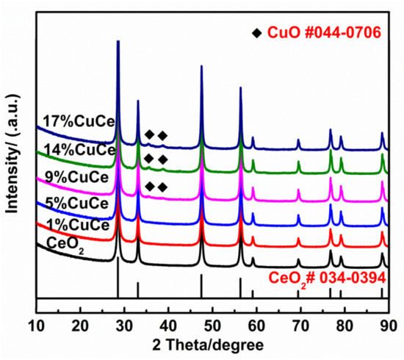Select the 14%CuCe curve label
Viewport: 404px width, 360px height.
click(76, 151)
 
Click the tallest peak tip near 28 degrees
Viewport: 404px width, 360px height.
click(118, 42)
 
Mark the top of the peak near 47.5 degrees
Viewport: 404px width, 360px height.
click(202, 67)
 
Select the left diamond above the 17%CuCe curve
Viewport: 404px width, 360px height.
click(149, 134)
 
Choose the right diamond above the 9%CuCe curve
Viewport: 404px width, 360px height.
click(162, 187)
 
